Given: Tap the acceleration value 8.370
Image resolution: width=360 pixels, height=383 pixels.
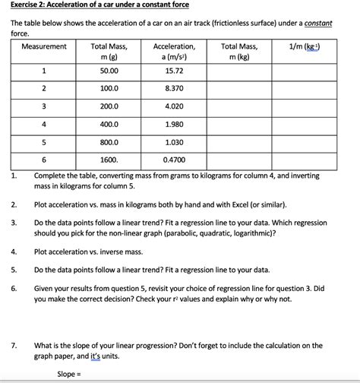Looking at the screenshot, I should (x=174, y=88).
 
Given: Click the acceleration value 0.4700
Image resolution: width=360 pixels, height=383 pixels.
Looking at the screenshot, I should (x=174, y=160).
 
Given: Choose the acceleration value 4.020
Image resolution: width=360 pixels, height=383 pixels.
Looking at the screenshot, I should (x=174, y=106).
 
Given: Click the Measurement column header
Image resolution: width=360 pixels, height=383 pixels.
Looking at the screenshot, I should (x=44, y=47).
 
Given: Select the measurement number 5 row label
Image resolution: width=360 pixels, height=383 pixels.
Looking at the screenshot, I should (x=44, y=142).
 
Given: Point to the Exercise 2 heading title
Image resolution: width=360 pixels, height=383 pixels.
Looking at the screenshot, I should (x=99, y=5).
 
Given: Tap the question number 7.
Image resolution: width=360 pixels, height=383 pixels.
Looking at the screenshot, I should (x=14, y=345).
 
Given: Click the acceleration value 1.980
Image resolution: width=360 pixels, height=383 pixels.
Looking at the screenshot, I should (x=174, y=124).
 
